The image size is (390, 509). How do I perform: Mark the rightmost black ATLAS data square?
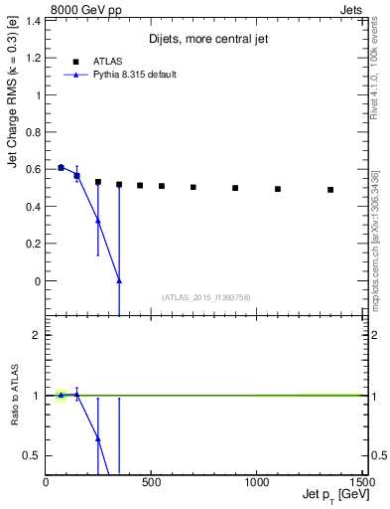(x=330, y=189)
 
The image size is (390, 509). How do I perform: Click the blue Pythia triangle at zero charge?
(x=119, y=281)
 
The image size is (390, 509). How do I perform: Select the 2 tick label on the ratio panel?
(x=37, y=335)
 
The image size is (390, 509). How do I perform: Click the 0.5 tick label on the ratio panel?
(x=33, y=455)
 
